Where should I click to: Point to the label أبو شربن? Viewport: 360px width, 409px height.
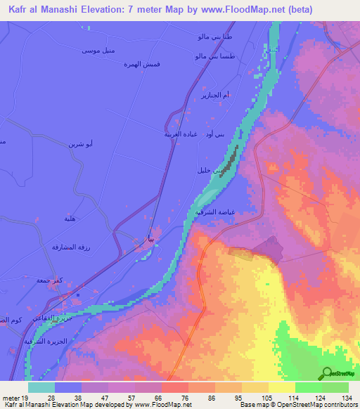[79, 143]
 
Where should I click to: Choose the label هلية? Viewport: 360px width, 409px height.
[71, 219]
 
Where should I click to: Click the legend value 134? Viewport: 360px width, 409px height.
[347, 398]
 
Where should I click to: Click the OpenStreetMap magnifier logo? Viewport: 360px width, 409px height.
[327, 373]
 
